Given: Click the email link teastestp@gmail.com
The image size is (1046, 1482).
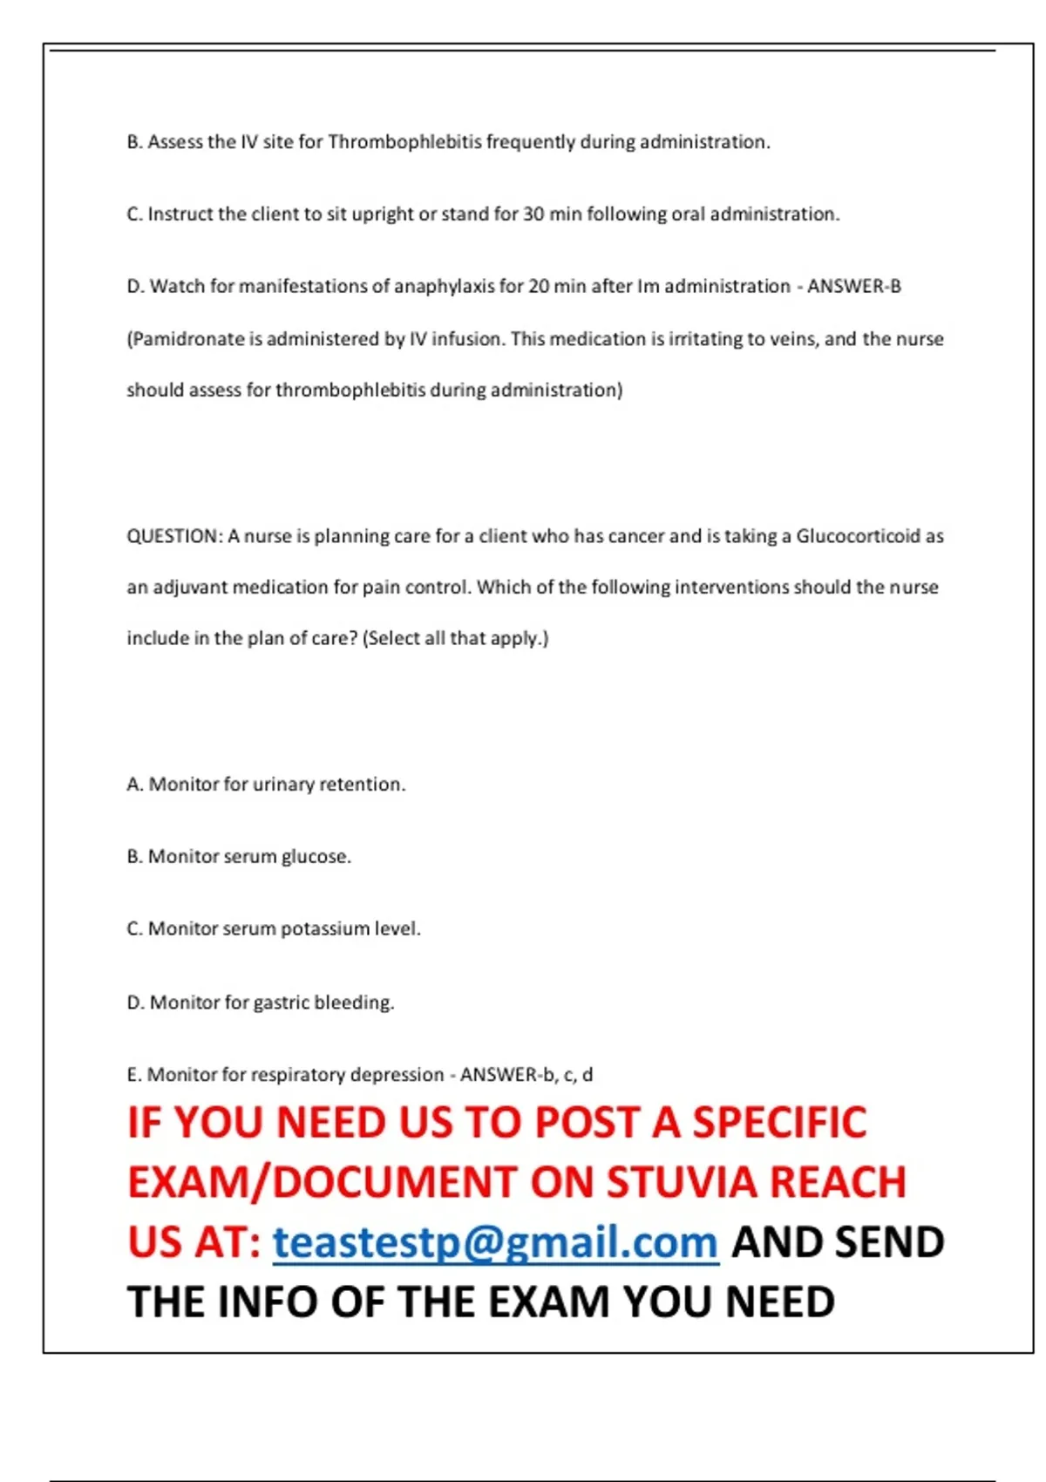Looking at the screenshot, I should point(495,1242).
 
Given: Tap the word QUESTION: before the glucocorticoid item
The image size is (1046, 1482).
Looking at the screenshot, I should point(175,536).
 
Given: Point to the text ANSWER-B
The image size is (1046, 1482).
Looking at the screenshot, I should point(853,286).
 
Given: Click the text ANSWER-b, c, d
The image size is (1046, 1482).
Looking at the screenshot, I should point(526,1074).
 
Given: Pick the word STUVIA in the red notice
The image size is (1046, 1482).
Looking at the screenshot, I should point(683,1182).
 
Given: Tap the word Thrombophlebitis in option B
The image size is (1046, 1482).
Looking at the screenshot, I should point(404,142).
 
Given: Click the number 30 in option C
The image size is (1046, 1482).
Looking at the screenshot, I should point(533,214).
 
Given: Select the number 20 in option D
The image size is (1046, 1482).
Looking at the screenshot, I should point(539,286).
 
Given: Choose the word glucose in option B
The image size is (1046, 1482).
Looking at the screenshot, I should point(315,857).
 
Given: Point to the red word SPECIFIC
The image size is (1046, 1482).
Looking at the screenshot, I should point(779,1123).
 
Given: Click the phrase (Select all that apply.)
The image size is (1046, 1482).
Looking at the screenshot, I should point(456,638).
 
